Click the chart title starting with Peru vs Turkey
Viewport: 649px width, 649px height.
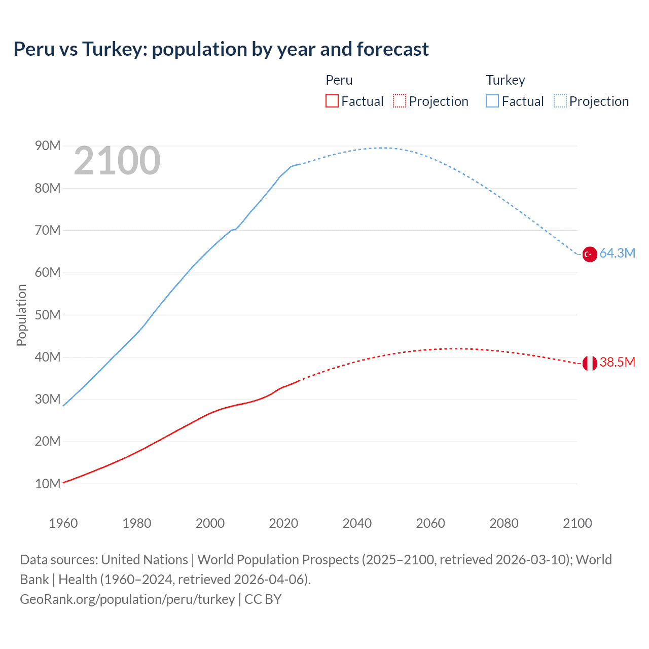tap(221, 49)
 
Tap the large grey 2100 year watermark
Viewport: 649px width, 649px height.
tap(117, 161)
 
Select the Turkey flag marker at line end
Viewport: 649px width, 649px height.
tap(590, 254)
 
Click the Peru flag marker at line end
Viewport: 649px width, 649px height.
tap(590, 363)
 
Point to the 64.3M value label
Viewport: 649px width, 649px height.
tap(617, 253)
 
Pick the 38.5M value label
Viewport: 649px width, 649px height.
tap(617, 362)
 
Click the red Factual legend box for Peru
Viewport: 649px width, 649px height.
tap(332, 101)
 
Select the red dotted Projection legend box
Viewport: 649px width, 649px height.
tap(400, 101)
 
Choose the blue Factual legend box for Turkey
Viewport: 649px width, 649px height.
tap(492, 101)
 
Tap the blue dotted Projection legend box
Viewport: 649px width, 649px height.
tap(560, 101)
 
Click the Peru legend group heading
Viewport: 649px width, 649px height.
tap(339, 80)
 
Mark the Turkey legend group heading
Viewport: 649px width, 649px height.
tap(506, 80)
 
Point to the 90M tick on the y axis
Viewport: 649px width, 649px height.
tap(48, 146)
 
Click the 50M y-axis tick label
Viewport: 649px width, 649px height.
tap(48, 315)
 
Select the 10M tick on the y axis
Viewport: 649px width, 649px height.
tap(48, 484)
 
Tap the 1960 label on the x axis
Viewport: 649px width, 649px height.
tap(63, 523)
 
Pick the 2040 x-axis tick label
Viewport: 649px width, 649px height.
tap(357, 523)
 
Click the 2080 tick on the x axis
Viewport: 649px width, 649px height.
tap(504, 523)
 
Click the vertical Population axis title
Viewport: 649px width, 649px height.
tap(21, 315)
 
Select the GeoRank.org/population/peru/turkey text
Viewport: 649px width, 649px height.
tap(127, 599)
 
